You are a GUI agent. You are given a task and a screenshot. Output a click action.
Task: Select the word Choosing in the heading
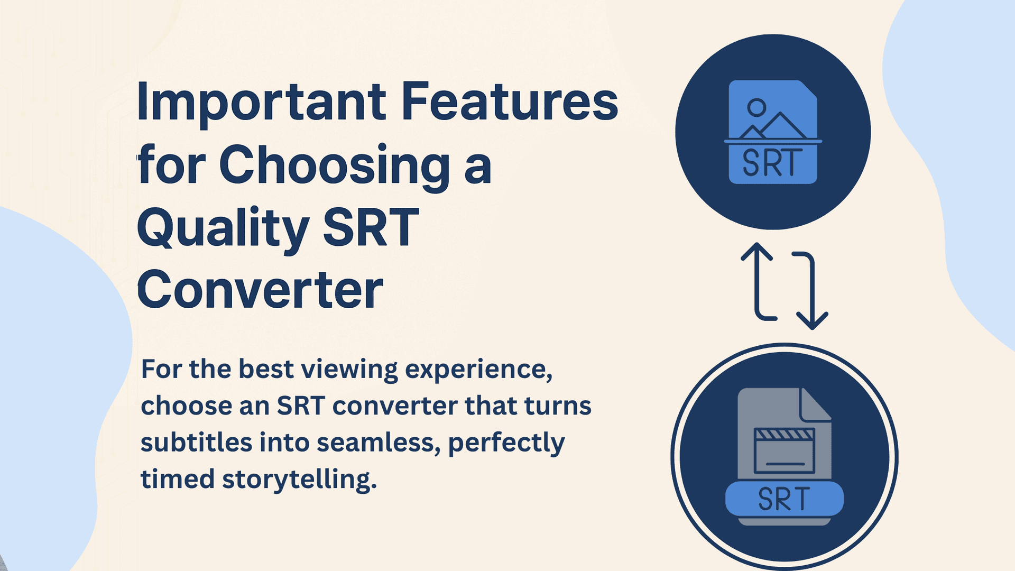(334, 165)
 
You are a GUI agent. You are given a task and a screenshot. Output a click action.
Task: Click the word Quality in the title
(223, 228)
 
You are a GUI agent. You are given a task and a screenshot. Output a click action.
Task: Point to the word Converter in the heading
(260, 290)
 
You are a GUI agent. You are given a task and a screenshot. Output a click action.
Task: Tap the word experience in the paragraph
(478, 369)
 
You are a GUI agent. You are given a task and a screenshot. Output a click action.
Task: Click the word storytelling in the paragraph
(299, 480)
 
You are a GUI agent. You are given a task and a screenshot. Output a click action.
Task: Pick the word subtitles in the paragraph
(196, 443)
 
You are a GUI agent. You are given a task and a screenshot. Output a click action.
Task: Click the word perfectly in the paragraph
(506, 443)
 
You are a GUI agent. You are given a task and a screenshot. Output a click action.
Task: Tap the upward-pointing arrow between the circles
(757, 280)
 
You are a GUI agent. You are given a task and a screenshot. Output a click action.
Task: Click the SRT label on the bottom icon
(784, 499)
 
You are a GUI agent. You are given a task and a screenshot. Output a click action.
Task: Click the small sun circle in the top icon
(756, 108)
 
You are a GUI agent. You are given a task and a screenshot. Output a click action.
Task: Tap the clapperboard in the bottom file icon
(785, 450)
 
